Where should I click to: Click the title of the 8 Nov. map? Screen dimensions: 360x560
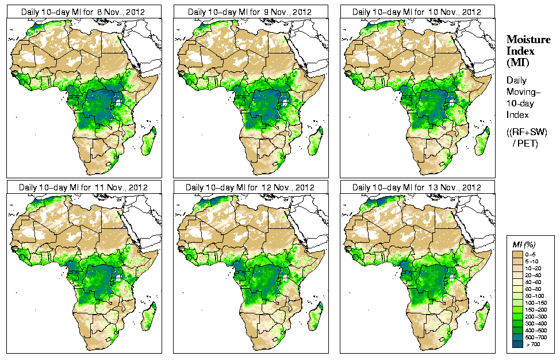click(x=83, y=12)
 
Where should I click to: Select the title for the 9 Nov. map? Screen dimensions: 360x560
click(x=250, y=12)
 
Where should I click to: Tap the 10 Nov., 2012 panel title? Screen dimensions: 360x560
click(x=417, y=12)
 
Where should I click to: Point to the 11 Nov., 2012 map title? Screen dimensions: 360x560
click(x=83, y=187)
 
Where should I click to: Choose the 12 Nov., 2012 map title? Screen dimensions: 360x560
click(x=250, y=187)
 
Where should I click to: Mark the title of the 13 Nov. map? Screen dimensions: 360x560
click(x=417, y=187)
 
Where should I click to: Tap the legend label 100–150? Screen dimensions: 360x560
click(x=538, y=302)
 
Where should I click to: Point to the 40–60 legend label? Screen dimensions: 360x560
click(x=537, y=281)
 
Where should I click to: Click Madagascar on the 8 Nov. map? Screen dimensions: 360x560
click(x=148, y=141)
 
